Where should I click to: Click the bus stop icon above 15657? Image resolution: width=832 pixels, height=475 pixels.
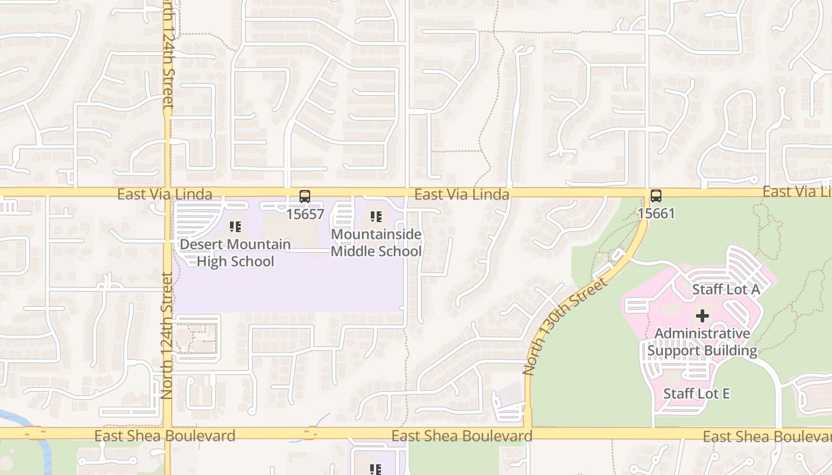point(305,197)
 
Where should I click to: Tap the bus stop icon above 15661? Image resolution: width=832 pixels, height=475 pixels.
point(656,196)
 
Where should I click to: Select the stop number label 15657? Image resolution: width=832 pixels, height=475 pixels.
point(305,214)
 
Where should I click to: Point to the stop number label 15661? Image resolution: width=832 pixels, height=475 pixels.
point(656,213)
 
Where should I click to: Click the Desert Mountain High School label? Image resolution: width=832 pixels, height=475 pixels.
point(235,253)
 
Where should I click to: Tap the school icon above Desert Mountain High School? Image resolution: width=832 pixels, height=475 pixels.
point(235,227)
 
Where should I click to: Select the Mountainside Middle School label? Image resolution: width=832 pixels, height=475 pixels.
point(376,243)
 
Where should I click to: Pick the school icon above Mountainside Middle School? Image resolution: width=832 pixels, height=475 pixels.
point(376,217)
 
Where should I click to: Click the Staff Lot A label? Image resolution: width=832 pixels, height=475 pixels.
point(726,290)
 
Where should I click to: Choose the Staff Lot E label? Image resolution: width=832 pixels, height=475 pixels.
point(696,394)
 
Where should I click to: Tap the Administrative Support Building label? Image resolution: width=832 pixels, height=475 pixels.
point(702,342)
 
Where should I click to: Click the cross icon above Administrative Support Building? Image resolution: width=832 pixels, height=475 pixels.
point(702,316)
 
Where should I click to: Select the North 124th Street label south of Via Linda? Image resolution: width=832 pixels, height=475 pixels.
point(167,335)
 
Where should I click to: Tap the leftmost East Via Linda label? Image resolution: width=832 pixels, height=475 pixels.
point(165,194)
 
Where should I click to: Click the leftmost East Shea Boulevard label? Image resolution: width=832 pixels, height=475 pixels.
point(165,436)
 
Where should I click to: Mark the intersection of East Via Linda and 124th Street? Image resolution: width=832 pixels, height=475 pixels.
point(168,192)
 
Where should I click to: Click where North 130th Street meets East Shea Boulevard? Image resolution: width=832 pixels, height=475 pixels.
point(527,433)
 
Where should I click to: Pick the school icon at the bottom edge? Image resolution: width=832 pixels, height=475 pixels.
point(376,470)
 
